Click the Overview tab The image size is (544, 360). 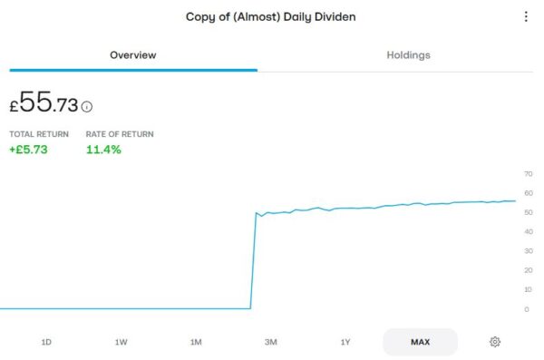133,55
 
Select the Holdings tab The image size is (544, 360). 408,55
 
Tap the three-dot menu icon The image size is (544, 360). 526,16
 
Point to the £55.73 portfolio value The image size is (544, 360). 44,103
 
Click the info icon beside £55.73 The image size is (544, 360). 87,106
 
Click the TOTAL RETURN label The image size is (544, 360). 39,134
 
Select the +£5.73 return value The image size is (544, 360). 28,150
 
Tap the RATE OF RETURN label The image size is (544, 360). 120,134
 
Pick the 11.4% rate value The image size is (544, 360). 103,150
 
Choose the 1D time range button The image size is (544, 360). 46,342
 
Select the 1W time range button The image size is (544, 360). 121,342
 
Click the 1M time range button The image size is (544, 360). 196,342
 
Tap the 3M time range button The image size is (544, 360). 270,342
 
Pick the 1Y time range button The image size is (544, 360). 345,342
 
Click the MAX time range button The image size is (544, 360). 420,342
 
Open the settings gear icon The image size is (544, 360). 495,342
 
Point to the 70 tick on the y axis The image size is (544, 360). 528,173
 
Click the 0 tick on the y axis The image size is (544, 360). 528,309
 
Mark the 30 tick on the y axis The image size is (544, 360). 528,251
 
